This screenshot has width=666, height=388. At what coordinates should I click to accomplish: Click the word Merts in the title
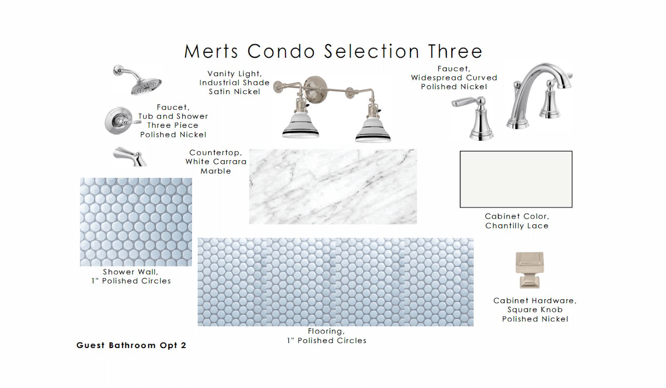tap(211, 51)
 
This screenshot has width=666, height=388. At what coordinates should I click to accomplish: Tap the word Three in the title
tap(455, 51)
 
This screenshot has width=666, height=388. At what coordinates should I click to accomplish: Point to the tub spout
tap(130, 157)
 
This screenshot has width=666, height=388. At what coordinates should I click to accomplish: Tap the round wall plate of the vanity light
tap(315, 89)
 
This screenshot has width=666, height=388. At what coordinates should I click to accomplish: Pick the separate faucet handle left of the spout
tap(476, 117)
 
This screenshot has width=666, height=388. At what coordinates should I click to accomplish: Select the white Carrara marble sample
tap(333, 187)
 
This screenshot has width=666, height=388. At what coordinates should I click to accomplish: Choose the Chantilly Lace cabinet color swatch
tap(516, 179)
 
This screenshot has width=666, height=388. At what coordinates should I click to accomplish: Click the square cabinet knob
tap(529, 270)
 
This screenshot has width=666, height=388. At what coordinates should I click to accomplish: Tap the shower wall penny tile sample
tap(136, 222)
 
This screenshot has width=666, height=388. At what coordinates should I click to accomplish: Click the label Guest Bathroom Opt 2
tap(131, 345)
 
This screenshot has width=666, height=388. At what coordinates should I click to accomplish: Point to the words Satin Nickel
tap(234, 92)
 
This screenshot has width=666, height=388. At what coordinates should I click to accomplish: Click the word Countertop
tap(216, 152)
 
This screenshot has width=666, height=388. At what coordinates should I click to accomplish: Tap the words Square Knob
tap(535, 309)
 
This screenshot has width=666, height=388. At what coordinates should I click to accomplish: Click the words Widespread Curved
tap(454, 77)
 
